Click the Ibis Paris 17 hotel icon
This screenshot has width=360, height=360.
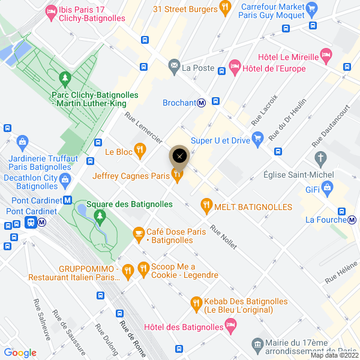(51, 11)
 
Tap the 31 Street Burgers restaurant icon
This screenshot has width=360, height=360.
(226, 8)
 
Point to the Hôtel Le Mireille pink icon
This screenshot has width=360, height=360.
(326, 54)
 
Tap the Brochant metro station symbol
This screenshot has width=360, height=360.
(202, 103)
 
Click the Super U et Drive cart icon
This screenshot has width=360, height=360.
(258, 140)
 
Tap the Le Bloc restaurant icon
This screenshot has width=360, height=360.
(140, 149)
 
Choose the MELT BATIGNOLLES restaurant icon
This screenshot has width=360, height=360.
(206, 206)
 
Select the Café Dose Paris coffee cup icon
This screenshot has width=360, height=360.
(139, 232)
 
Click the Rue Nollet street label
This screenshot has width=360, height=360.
(223, 238)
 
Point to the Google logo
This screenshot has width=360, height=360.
(20, 353)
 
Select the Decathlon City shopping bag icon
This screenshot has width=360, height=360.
(65, 178)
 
